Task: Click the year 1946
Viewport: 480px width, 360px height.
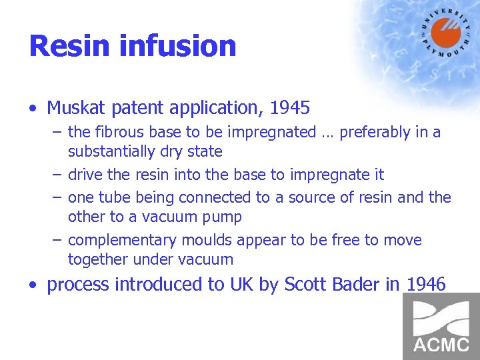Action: click(424, 285)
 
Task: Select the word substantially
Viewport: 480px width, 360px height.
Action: click(109, 151)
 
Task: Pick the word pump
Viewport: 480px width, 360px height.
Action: click(224, 217)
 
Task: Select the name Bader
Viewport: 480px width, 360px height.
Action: click(355, 285)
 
